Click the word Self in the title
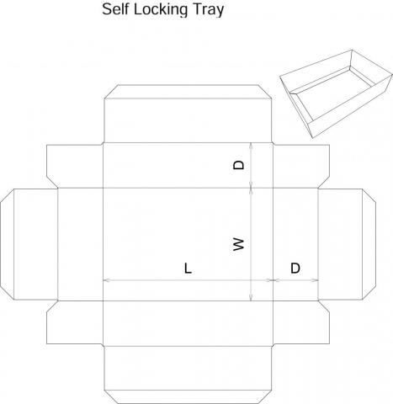coord(115,9)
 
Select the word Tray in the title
coord(208,10)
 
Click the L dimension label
coord(188,268)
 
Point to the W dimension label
coord(239,244)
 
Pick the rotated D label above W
coord(239,165)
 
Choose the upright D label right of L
coord(295,268)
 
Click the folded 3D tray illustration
coord(336,93)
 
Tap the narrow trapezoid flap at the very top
coord(188,92)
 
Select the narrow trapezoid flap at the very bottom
coord(188,396)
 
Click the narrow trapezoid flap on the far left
coord(8,244)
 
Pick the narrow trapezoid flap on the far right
coord(369,244)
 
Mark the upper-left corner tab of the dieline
coord(75,166)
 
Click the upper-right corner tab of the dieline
coord(301,166)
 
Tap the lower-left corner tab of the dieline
coord(75,322)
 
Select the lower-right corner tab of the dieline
coord(301,322)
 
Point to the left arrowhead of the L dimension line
coord(106,280)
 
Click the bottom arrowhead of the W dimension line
coord(251,298)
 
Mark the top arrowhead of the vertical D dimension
coord(251,146)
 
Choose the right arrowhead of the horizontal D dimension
coord(316,280)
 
